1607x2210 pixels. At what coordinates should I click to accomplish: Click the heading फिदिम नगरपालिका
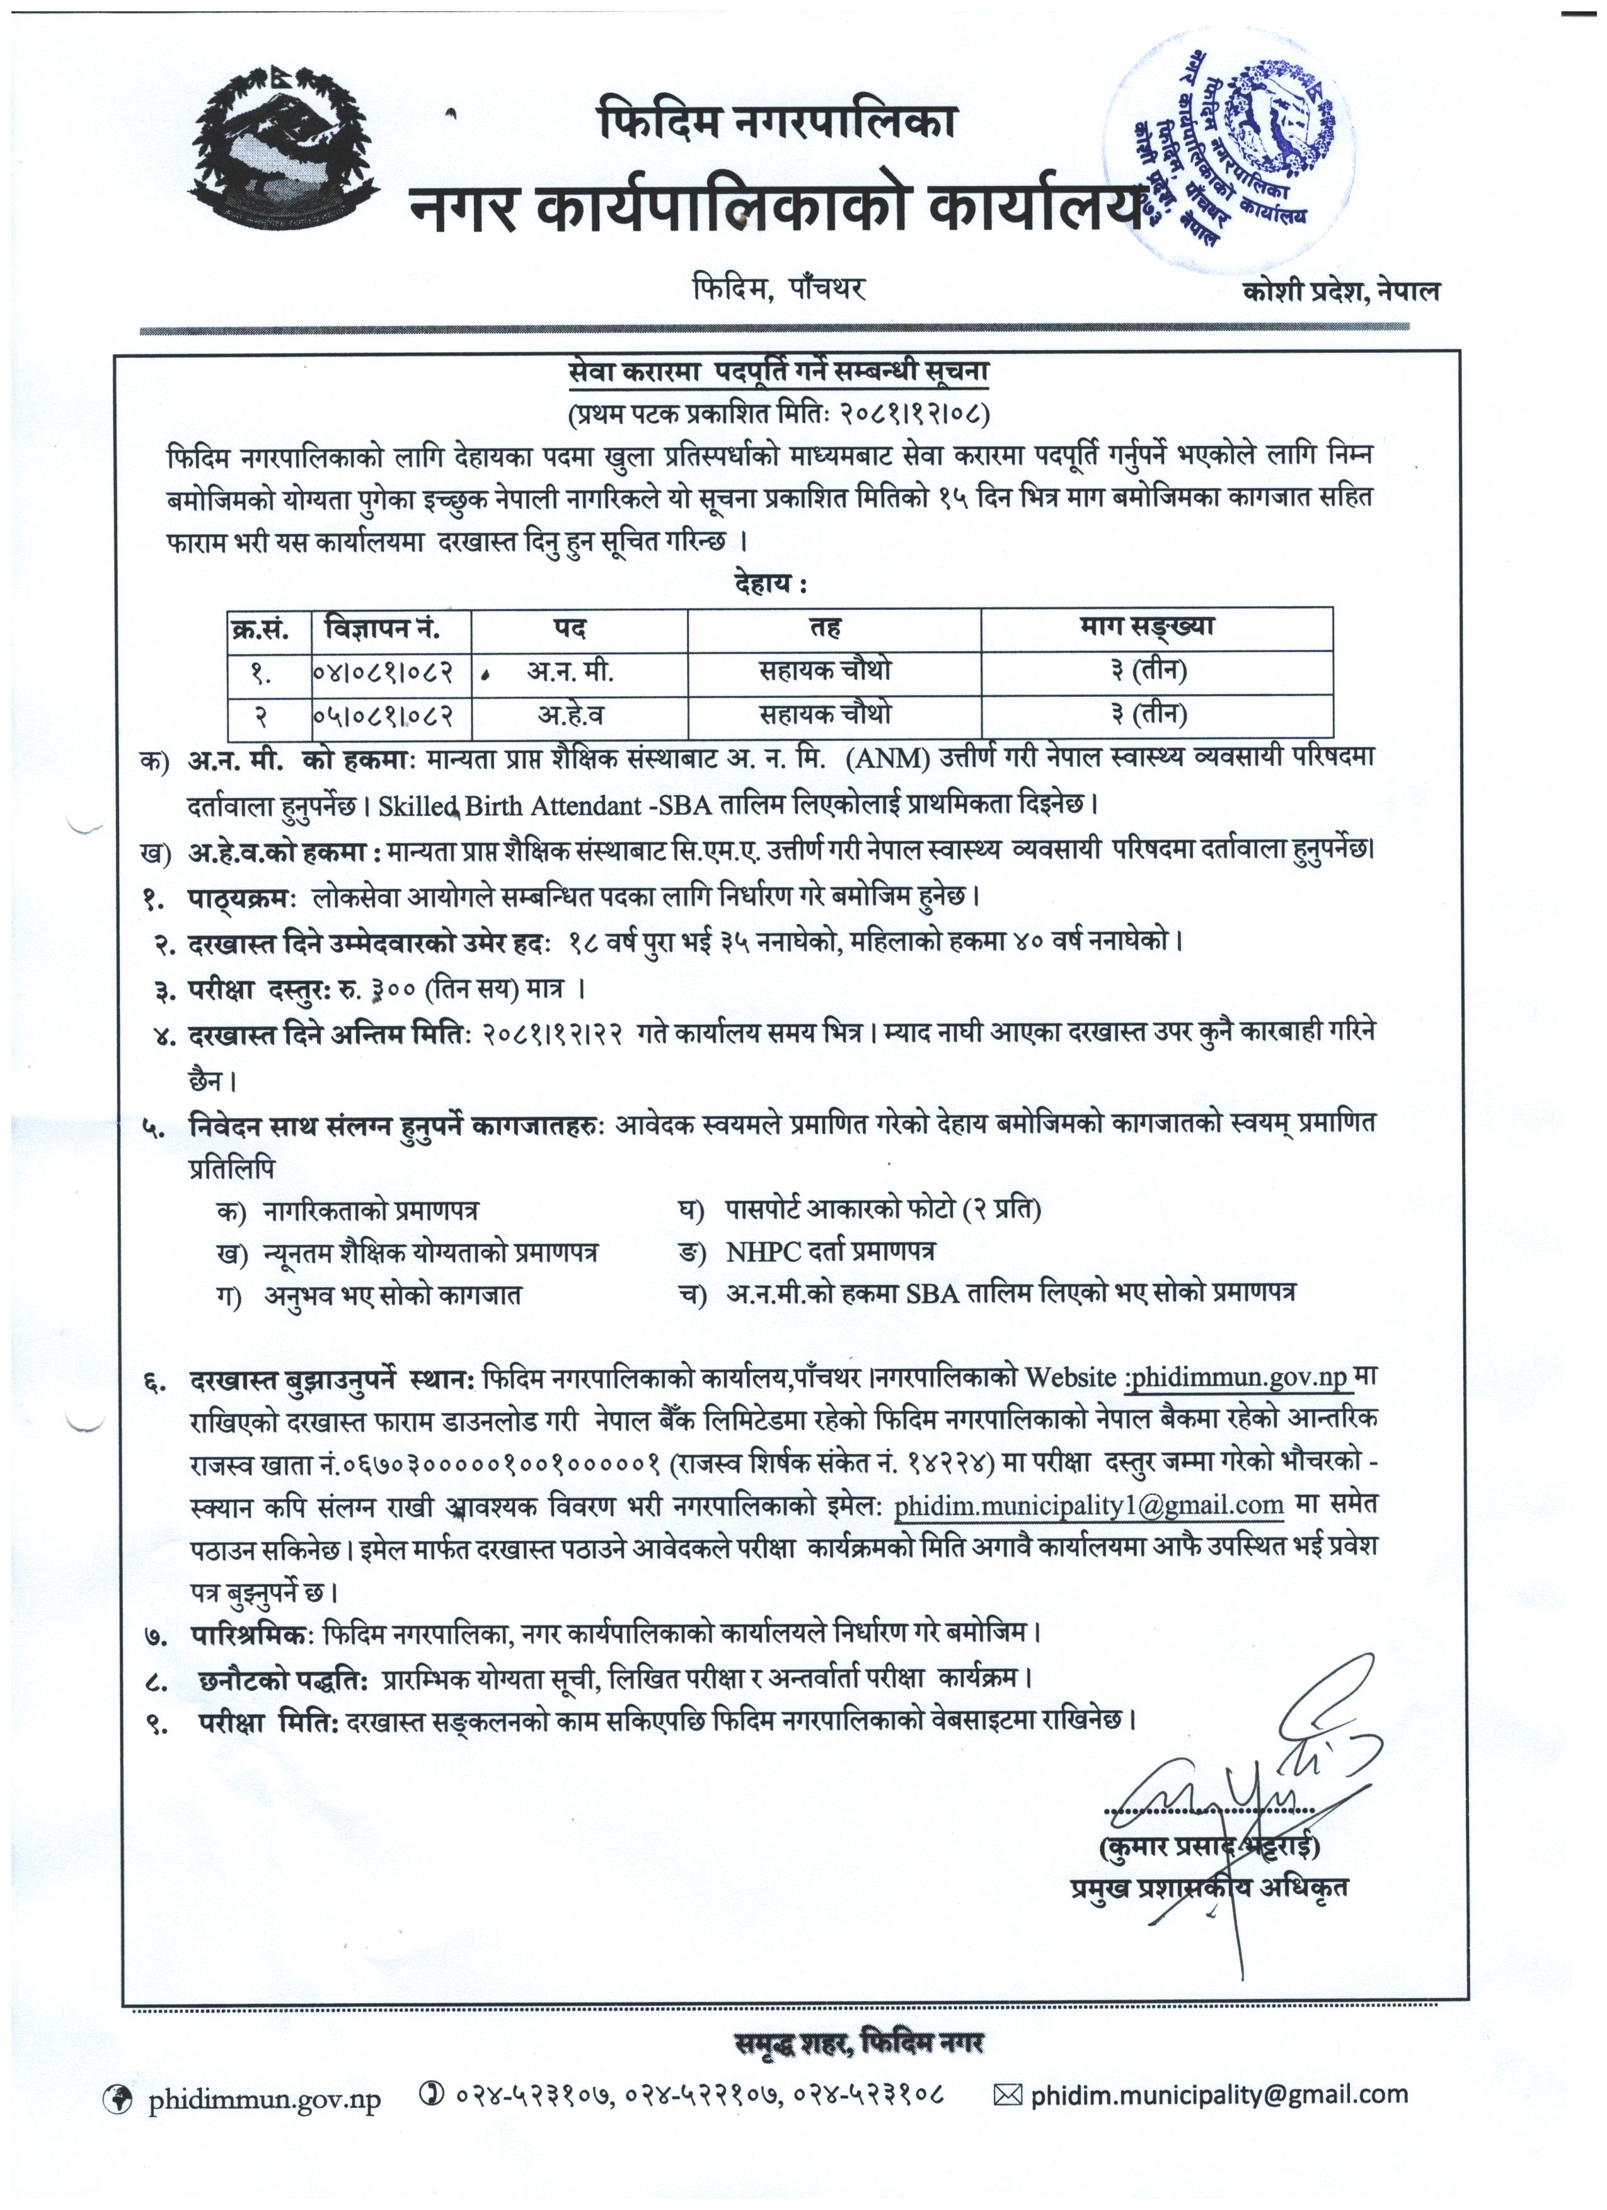coord(776,122)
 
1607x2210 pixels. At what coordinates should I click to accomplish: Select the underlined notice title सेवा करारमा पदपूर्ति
coord(779,372)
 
